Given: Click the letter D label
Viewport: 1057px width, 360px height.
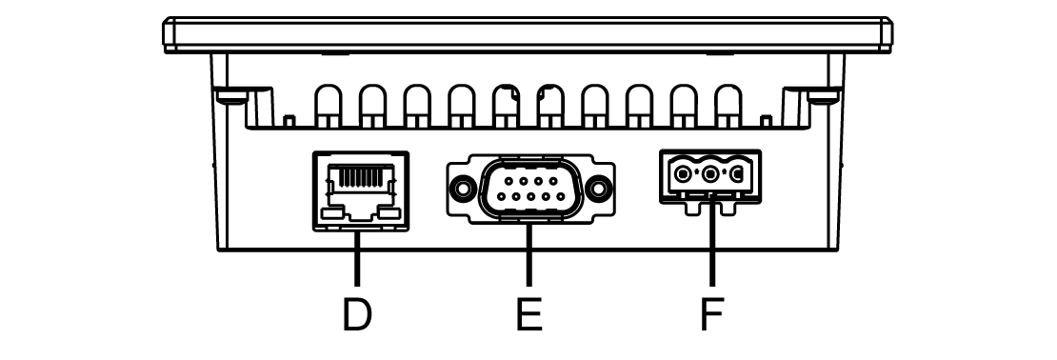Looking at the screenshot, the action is [x=356, y=314].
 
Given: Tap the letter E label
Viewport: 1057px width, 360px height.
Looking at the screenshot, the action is [x=529, y=314].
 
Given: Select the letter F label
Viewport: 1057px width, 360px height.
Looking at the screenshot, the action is [x=712, y=314].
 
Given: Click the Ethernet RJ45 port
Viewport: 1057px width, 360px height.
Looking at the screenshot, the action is [x=361, y=191].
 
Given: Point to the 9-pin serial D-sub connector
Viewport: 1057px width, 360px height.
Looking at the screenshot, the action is [x=530, y=189].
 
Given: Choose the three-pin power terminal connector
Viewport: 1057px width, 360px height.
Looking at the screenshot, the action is [x=710, y=182].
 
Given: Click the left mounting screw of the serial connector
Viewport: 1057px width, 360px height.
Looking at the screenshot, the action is [x=463, y=189].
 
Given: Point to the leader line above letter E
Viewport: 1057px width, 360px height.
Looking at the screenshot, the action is [x=529, y=255].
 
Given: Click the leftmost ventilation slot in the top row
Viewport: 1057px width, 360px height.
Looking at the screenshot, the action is [x=329, y=106].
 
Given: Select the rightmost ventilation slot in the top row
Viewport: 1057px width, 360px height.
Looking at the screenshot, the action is [x=728, y=106].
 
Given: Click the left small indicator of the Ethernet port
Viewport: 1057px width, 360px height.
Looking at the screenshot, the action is [x=331, y=213].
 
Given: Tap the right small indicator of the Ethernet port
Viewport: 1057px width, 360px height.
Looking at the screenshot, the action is [x=389, y=213].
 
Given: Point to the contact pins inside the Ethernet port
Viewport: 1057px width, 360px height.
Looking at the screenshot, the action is [x=361, y=178].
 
